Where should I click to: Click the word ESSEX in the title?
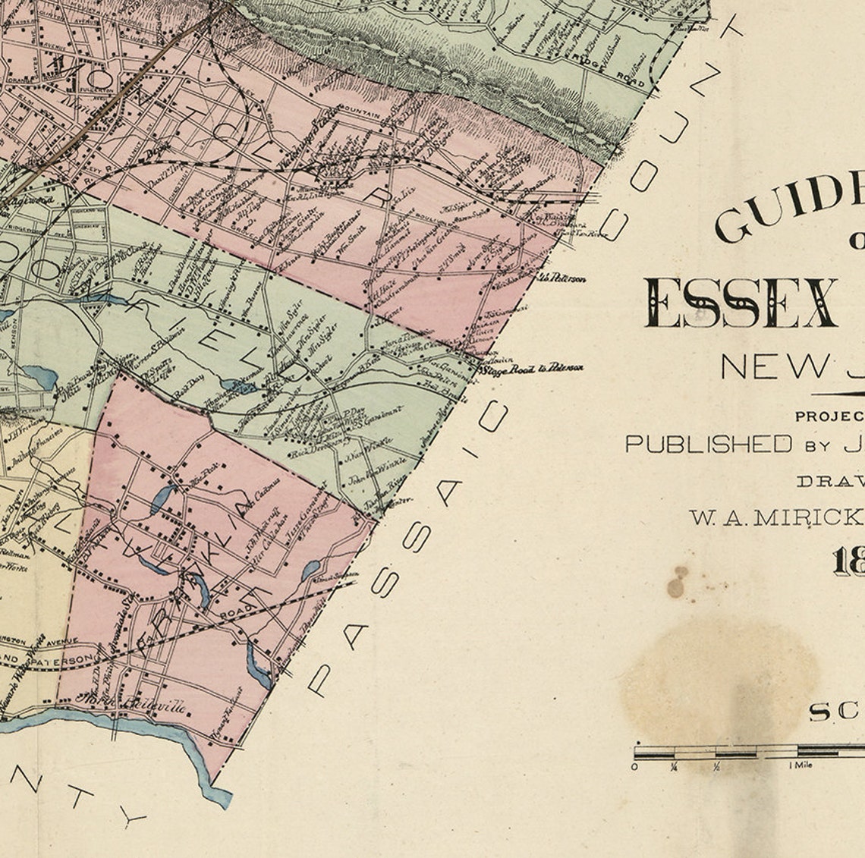(740, 303)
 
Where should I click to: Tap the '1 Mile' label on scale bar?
(801, 765)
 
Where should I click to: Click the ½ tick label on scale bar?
(716, 766)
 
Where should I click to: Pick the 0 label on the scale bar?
(635, 766)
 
